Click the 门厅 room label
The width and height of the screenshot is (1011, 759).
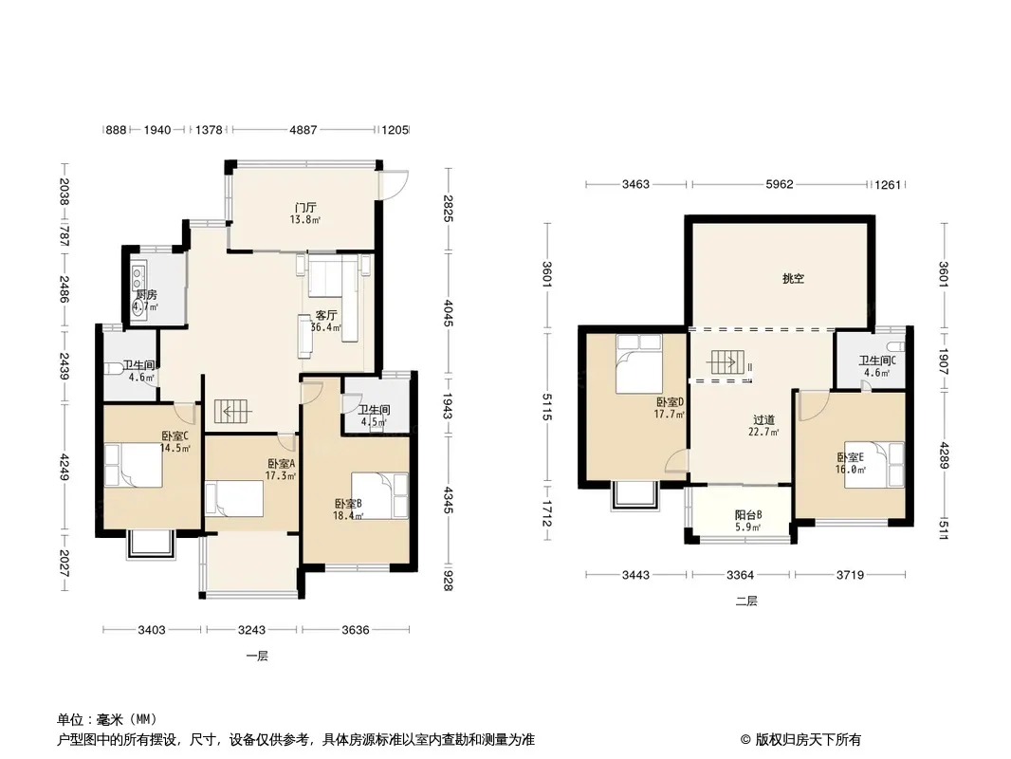click(x=305, y=208)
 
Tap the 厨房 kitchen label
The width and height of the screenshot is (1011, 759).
click(x=146, y=295)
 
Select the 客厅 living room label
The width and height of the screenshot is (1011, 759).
click(x=326, y=315)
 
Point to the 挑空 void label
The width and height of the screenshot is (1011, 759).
click(x=793, y=279)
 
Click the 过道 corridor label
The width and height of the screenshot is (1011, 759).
click(x=763, y=420)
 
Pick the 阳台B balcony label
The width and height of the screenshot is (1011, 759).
click(x=748, y=515)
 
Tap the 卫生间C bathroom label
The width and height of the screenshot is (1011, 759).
click(x=877, y=361)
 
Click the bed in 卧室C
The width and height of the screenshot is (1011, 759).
click(x=134, y=465)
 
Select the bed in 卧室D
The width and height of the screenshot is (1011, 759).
click(x=638, y=363)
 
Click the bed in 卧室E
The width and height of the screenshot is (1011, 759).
click(x=875, y=464)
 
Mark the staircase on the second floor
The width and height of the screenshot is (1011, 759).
click(x=727, y=363)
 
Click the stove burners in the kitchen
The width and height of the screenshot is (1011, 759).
click(x=138, y=278)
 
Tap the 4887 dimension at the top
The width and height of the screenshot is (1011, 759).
click(x=303, y=130)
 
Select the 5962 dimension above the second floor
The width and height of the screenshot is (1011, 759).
click(x=779, y=184)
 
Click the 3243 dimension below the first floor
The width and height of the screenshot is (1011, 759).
click(x=251, y=629)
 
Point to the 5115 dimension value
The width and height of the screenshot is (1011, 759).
click(x=548, y=407)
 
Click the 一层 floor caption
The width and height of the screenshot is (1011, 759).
click(x=257, y=656)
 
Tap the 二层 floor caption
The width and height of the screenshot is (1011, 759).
click(x=746, y=601)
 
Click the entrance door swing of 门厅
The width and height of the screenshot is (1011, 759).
click(x=395, y=185)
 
